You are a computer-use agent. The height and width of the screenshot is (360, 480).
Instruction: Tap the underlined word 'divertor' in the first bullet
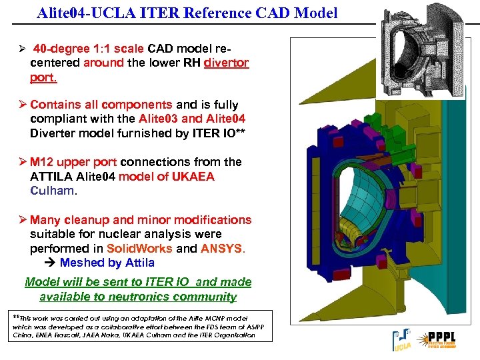point(226,63)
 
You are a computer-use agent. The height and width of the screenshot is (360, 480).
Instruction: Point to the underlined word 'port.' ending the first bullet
point(43,77)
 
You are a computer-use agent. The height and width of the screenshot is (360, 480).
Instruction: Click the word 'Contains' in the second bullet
point(57,105)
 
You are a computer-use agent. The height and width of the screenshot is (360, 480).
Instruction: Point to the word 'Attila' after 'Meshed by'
point(139,263)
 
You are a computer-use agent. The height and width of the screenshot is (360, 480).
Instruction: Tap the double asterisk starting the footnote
point(17,315)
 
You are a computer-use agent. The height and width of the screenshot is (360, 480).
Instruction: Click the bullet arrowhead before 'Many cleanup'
point(21,220)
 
